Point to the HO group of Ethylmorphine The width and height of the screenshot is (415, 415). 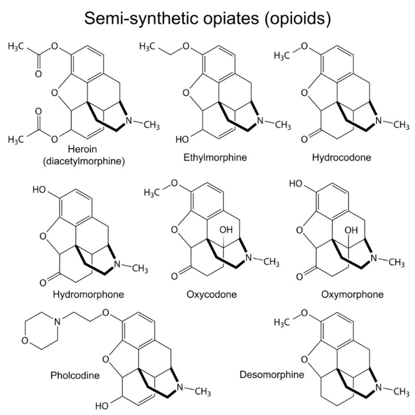pyautogui.click(x=183, y=139)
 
